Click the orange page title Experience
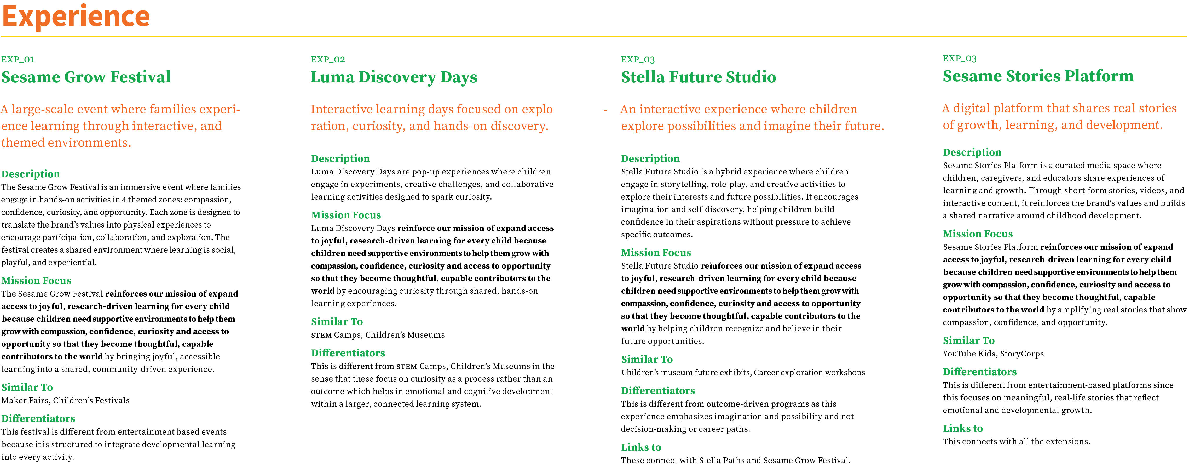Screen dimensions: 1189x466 tap(76, 17)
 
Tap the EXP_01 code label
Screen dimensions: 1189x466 tap(18, 60)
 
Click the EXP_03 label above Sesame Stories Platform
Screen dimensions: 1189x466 tap(960, 59)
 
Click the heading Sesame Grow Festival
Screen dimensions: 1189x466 tap(86, 77)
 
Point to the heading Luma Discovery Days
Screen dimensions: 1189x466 tap(394, 77)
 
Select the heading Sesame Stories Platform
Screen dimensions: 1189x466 tap(1038, 76)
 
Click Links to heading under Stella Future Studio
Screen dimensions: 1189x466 tap(641, 447)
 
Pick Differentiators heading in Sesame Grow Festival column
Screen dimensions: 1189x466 tap(38, 418)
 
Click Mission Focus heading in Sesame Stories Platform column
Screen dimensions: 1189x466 tap(978, 234)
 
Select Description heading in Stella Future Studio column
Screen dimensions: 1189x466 tap(650, 158)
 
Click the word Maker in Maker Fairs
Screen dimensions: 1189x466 tap(13, 400)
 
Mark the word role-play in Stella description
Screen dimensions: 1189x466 tap(728, 184)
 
